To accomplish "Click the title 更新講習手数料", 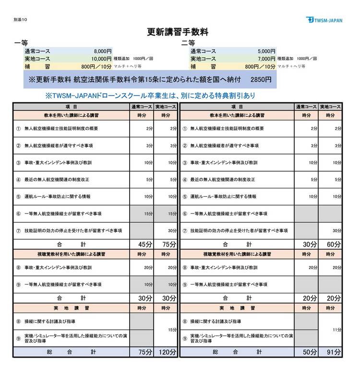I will pos(177,32).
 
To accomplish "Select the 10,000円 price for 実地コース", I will pos(101,58).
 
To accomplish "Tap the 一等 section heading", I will pos(22,43).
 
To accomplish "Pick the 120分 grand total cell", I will pos(164,352).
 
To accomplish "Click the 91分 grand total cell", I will pos(334,352).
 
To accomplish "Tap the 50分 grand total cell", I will pos(309,352).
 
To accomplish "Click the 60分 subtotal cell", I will pos(334,245).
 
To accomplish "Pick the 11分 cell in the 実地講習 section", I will pos(336,330).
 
